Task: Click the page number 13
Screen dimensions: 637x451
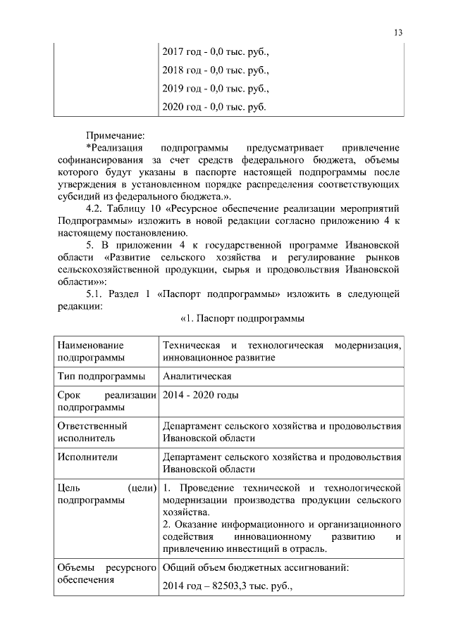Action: click(x=398, y=32)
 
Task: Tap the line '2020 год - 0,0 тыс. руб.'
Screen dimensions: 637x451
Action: click(x=214, y=106)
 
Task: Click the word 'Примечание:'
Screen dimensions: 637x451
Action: click(x=115, y=134)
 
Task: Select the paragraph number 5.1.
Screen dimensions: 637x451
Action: click(x=95, y=293)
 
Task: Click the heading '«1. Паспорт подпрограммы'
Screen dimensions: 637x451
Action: click(x=242, y=319)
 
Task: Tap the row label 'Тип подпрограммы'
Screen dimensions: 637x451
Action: click(x=101, y=377)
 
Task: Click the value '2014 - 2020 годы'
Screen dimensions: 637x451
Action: click(x=200, y=395)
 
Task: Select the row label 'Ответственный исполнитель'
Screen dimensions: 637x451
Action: click(x=92, y=431)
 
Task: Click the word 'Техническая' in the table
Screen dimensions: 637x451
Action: click(x=191, y=345)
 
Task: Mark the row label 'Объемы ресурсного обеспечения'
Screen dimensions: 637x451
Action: click(x=106, y=574)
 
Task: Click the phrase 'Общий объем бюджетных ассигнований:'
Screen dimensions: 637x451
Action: click(x=255, y=567)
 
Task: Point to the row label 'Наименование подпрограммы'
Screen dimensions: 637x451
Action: click(x=91, y=351)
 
